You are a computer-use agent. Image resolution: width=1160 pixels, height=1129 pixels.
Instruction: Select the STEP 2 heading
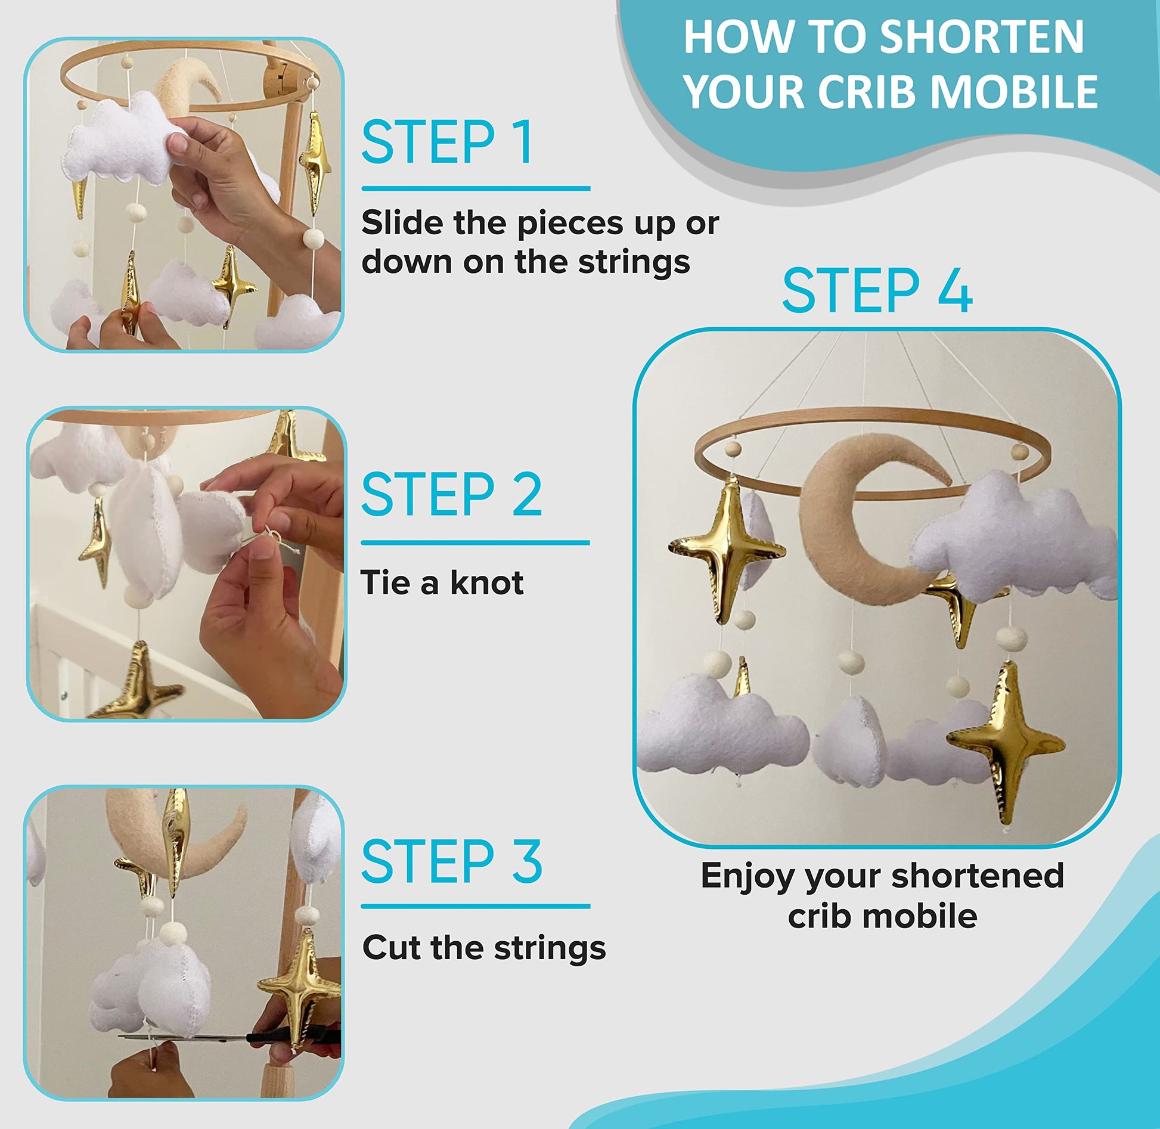pyautogui.click(x=452, y=494)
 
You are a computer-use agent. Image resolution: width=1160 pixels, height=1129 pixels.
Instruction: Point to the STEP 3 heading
pyautogui.click(x=452, y=861)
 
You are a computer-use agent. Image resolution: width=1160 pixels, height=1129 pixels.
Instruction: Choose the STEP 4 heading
pyautogui.click(x=877, y=290)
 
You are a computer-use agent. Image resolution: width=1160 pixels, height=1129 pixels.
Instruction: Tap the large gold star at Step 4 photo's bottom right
pyautogui.click(x=1006, y=742)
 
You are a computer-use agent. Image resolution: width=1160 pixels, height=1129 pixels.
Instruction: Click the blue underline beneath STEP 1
pyautogui.click(x=476, y=188)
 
